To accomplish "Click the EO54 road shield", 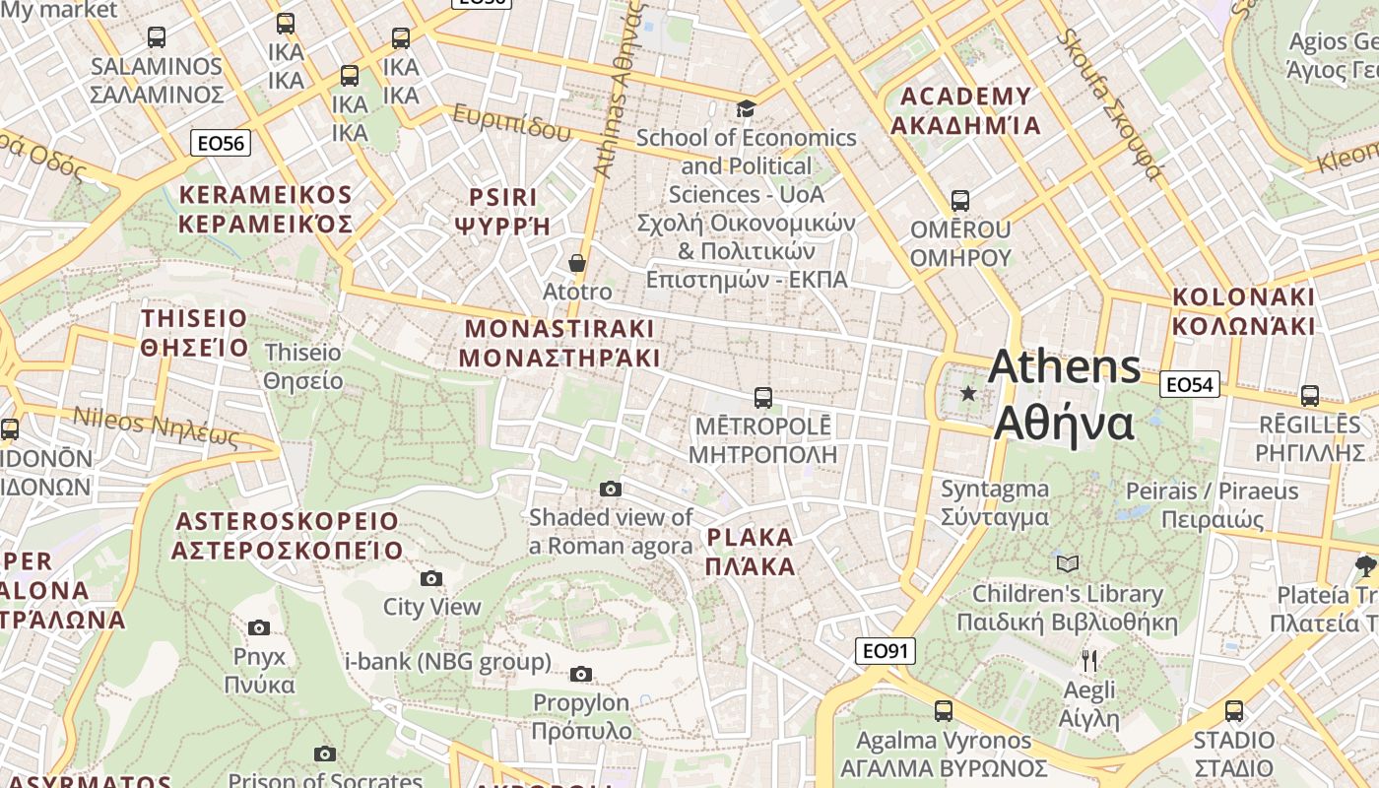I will click(1190, 384).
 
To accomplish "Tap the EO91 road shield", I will click(885, 650).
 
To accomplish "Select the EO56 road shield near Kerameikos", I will click(221, 143).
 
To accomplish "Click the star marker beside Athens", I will click(968, 394).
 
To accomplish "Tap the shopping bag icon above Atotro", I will click(577, 263).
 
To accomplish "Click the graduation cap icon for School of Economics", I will click(746, 108).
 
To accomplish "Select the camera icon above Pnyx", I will click(259, 627).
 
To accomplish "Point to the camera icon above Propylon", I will click(581, 674).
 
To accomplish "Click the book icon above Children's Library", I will click(1068, 564).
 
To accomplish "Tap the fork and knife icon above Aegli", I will click(1088, 660).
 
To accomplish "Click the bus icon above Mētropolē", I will click(762, 398).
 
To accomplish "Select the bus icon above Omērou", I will click(960, 201).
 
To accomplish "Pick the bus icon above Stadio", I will click(1233, 710).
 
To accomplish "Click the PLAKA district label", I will click(750, 552).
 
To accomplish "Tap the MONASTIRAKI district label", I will click(559, 342).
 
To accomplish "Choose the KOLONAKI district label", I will click(1244, 310).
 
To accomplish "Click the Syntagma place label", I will click(995, 502).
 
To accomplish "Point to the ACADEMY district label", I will click(966, 110).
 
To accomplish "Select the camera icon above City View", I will click(431, 578).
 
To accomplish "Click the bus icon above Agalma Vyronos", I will click(944, 710).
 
